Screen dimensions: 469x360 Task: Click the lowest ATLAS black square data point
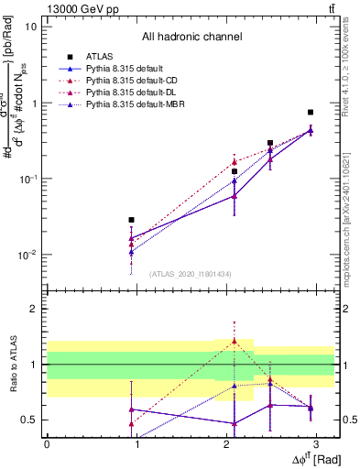pyautogui.click(x=132, y=220)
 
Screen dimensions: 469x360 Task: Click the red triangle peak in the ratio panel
pyautogui.click(x=235, y=341)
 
